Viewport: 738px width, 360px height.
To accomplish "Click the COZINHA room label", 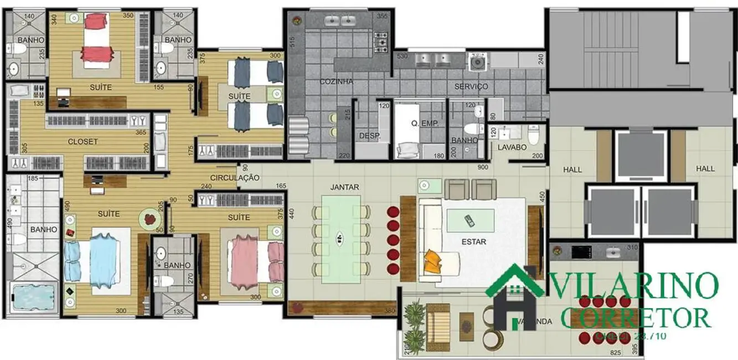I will pos(336,81).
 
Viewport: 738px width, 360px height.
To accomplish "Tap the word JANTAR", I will pos(344,187).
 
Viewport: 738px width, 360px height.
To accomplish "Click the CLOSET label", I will pos(82,141).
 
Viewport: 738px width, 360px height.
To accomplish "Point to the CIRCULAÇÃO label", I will pos(234,177).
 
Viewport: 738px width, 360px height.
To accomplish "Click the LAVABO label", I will pos(511,148).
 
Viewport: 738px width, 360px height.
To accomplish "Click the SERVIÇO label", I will pos(471,86).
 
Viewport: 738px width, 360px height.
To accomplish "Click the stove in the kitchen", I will pos(381,42).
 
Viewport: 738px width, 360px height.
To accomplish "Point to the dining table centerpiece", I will pos(339,238).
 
